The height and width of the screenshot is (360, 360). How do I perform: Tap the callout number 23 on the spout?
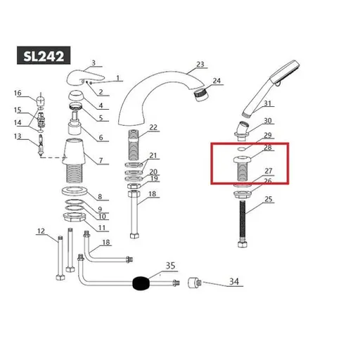point(200,65)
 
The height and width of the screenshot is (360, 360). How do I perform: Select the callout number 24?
point(217,81)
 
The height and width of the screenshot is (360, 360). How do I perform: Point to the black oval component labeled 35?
point(143,284)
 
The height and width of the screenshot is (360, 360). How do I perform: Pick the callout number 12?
point(41,231)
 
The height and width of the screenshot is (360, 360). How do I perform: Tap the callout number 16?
point(18,94)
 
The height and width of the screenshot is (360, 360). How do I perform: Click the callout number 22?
point(153,127)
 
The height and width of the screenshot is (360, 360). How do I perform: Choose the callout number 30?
point(268,121)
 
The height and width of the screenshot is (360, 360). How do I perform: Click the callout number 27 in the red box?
point(268,171)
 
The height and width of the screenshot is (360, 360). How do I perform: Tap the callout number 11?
point(102,227)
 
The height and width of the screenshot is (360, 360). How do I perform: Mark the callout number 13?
point(18,136)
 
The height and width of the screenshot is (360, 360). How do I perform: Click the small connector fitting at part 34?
point(192,283)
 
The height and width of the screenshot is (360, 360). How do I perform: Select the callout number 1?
point(119,78)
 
